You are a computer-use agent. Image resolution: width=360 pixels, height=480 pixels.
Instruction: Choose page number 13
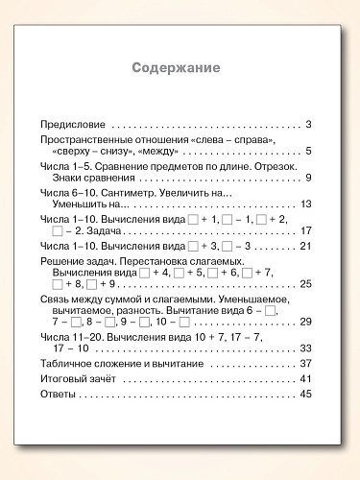306,204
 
